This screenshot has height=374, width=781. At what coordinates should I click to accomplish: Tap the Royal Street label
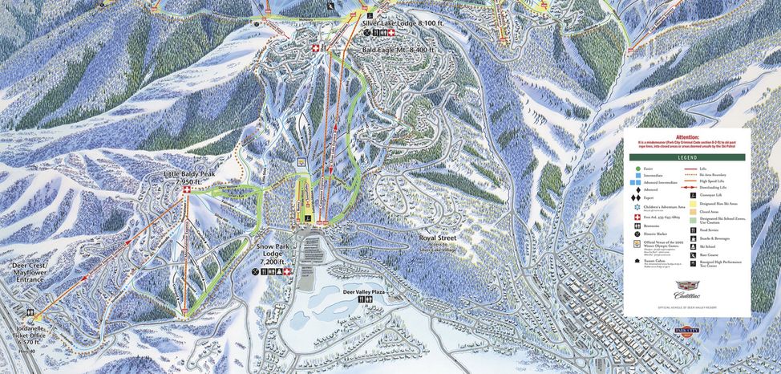[x=442, y=239]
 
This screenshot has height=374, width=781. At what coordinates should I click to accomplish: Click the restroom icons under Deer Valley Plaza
[x=366, y=300]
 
